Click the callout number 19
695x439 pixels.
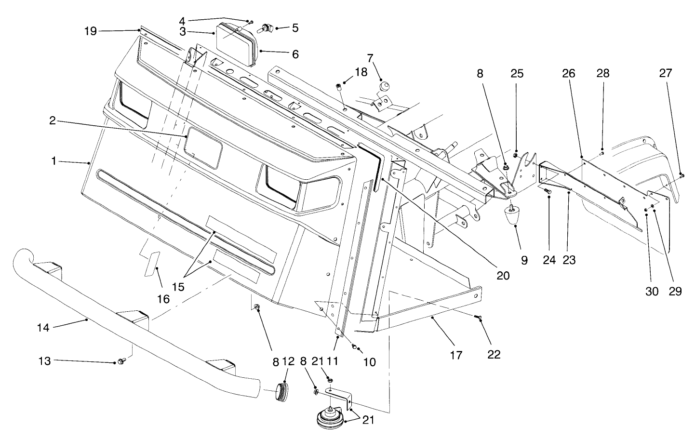click(x=90, y=31)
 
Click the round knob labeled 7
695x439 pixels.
click(x=384, y=87)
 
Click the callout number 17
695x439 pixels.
click(x=456, y=355)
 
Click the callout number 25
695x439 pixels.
click(x=517, y=74)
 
